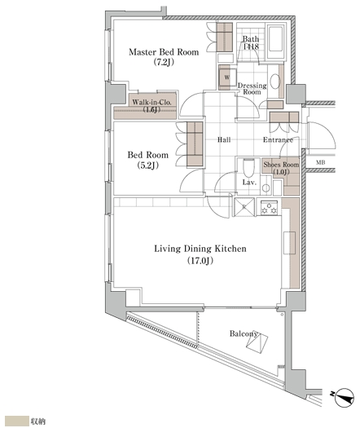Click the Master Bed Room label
(164, 52)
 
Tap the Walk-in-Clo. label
(151, 103)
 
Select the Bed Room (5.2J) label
(147, 160)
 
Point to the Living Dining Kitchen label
(200, 249)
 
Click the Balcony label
(244, 333)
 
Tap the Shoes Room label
(281, 165)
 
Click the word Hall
(224, 139)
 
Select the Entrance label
(278, 139)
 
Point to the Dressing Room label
(252, 89)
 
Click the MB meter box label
(320, 162)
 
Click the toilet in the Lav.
(248, 168)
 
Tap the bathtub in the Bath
(275, 42)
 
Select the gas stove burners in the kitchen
(270, 207)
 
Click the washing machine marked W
(227, 77)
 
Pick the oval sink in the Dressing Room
(275, 82)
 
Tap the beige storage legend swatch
(17, 421)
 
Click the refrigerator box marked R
(244, 207)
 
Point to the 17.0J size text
(200, 261)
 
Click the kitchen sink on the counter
(289, 243)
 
